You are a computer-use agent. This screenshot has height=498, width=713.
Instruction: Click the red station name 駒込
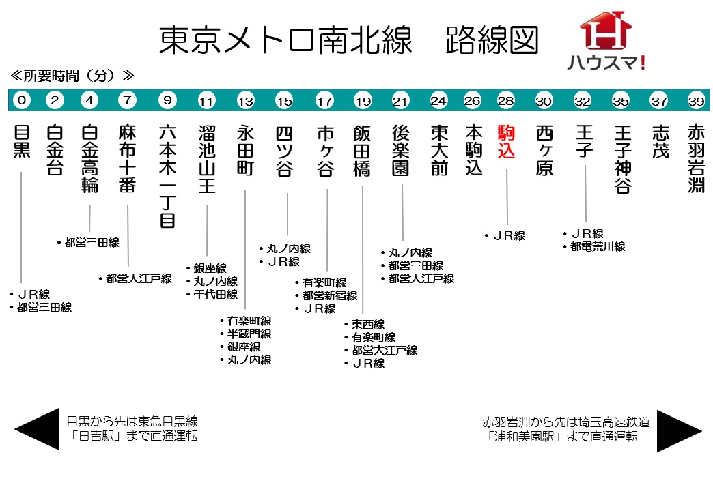point(506,142)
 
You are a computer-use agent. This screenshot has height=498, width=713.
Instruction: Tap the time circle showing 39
point(696,101)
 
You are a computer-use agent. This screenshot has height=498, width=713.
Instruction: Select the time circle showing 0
point(22,101)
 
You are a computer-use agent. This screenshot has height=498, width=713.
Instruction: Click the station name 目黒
point(22,141)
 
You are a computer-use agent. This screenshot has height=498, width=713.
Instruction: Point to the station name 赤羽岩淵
point(696,158)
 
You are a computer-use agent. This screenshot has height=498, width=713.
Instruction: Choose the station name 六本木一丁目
point(167,175)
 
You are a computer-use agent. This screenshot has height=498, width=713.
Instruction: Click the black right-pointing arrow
point(679,430)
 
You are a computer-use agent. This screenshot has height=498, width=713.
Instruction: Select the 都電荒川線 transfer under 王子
point(598,247)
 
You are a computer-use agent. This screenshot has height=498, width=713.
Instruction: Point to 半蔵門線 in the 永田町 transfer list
point(249,334)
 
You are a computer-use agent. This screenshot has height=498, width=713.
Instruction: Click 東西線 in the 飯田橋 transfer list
point(368,324)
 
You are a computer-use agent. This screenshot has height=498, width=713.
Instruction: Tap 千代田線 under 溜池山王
point(216,295)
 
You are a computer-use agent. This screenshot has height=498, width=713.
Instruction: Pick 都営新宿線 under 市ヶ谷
point(330,295)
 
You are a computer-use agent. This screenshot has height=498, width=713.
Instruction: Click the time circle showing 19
point(363,101)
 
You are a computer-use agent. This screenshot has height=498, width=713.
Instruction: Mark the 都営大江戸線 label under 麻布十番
point(139,278)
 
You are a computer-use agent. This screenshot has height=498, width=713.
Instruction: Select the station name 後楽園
point(401,150)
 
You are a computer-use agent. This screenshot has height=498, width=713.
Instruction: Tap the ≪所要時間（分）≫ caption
point(72,75)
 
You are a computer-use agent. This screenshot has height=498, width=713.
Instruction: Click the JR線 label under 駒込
point(509,236)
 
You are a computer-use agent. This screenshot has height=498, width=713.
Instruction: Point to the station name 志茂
point(659,142)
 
